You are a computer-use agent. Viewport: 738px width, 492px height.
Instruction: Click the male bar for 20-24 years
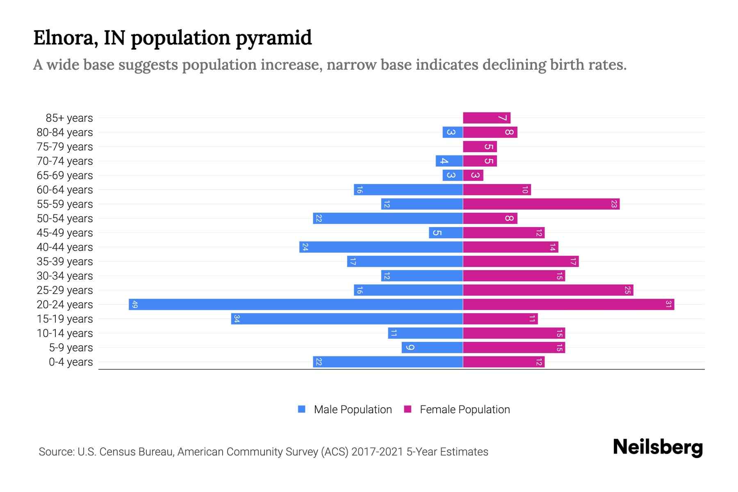coord(296,304)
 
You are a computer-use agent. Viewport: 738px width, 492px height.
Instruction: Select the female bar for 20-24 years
coord(568,304)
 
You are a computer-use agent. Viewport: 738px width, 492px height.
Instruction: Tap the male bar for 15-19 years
coord(347,319)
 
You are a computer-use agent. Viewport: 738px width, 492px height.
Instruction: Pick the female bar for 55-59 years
coord(541,204)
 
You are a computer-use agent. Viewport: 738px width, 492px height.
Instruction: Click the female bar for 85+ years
coord(487,118)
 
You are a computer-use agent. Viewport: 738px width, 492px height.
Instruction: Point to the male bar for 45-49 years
coord(446,232)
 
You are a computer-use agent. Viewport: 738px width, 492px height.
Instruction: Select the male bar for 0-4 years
coord(388,362)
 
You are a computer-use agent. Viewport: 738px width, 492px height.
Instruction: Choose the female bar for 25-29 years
coord(548,290)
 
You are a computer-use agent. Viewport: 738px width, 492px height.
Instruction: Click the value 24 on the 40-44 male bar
coord(305,247)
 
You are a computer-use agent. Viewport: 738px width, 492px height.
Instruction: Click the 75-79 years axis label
coord(65,147)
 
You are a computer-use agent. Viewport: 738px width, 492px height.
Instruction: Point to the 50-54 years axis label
coord(65,219)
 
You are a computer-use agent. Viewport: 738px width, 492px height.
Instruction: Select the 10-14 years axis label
coord(65,333)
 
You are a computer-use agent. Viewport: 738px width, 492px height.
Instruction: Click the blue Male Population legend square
coord(302,409)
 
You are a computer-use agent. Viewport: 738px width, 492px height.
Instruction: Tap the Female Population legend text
coord(465,409)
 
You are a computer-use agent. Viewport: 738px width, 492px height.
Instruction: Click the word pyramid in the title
coord(273,38)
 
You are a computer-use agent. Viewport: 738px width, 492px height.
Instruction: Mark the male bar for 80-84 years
coord(453,132)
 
